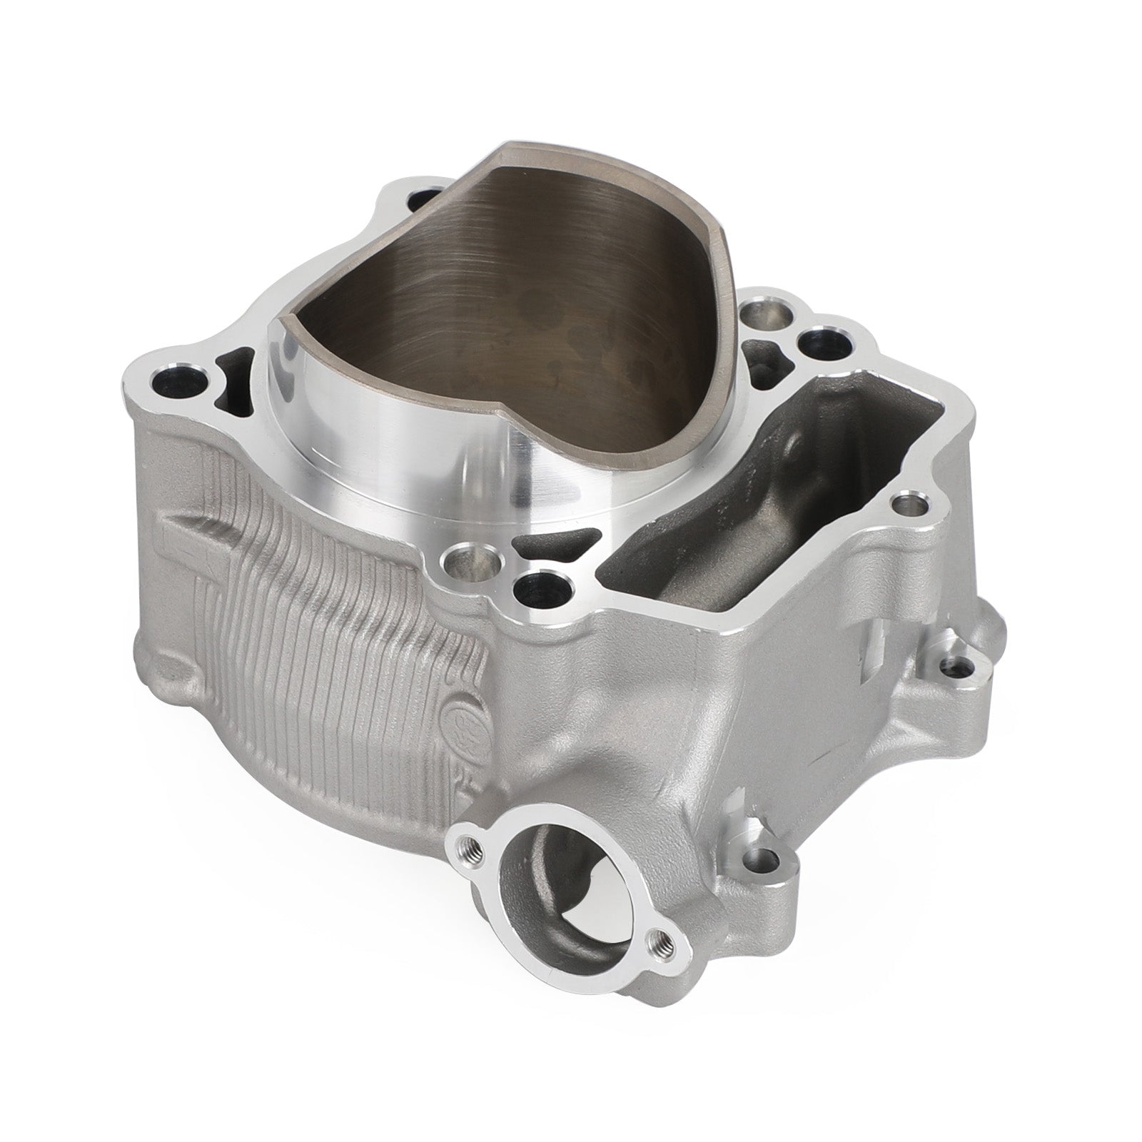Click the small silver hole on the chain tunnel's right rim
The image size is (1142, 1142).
pos(911,506)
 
